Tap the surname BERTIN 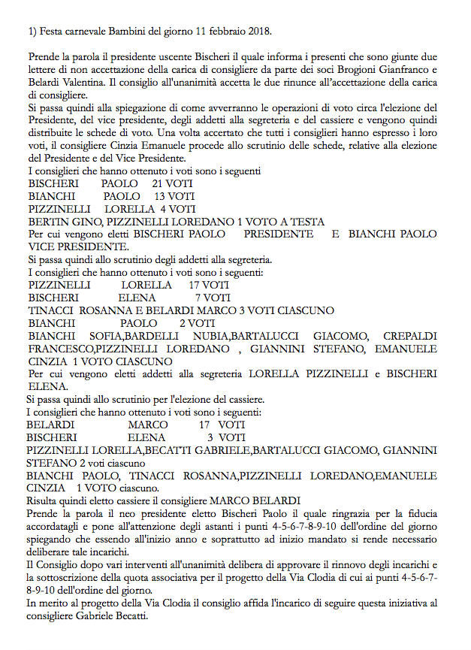tap(47, 222)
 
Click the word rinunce tap(291, 83)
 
